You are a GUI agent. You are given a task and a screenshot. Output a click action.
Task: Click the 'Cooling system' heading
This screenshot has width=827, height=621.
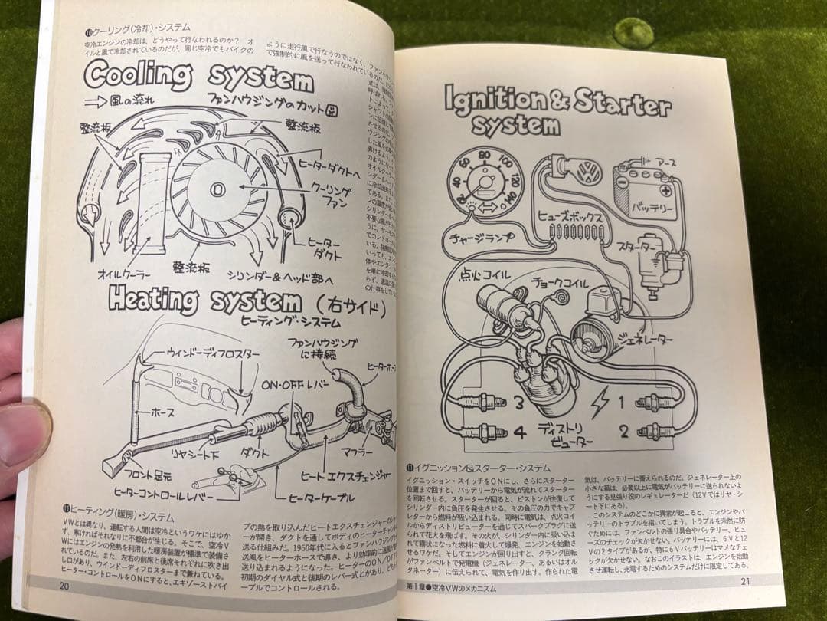coord(199,77)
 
